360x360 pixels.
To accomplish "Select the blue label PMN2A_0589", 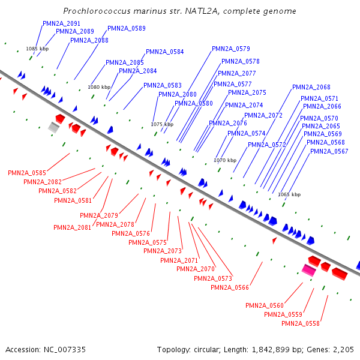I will pyautogui.click(x=126, y=28).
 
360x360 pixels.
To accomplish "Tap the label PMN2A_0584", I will pyautogui.click(x=165, y=52).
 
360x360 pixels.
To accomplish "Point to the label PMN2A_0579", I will pyautogui.click(x=230, y=49).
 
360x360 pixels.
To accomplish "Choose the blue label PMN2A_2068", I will pyautogui.click(x=311, y=87).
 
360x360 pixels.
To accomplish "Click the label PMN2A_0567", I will pyautogui.click(x=329, y=151).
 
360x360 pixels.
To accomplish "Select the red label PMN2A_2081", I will pyautogui.click(x=72, y=227).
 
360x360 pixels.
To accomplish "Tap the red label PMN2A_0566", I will pyautogui.click(x=229, y=287).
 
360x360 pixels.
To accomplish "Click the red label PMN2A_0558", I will pyautogui.click(x=300, y=323).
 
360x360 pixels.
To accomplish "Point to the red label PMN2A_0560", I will pyautogui.click(x=264, y=305).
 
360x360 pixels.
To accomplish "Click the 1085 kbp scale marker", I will pyautogui.click(x=37, y=49).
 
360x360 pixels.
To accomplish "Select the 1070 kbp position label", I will pyautogui.click(x=226, y=160).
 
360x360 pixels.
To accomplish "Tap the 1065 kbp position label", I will pyautogui.click(x=289, y=194).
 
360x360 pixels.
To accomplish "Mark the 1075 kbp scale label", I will pyautogui.click(x=162, y=124).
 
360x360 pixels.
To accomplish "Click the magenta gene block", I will pyautogui.click(x=308, y=271).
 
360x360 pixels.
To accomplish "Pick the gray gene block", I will pyautogui.click(x=54, y=127).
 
